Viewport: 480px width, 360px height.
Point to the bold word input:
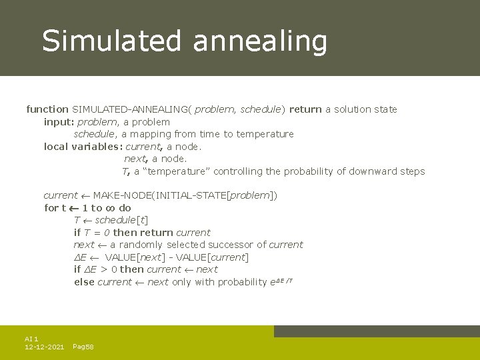(x=59, y=122)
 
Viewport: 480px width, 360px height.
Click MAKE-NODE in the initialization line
(x=116, y=196)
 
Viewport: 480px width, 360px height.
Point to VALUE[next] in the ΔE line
(x=135, y=257)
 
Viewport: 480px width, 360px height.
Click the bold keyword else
(x=84, y=282)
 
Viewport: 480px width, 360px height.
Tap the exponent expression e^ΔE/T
(x=281, y=281)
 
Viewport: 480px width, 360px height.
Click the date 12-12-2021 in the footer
(x=44, y=347)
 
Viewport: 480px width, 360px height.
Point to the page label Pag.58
(x=83, y=347)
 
